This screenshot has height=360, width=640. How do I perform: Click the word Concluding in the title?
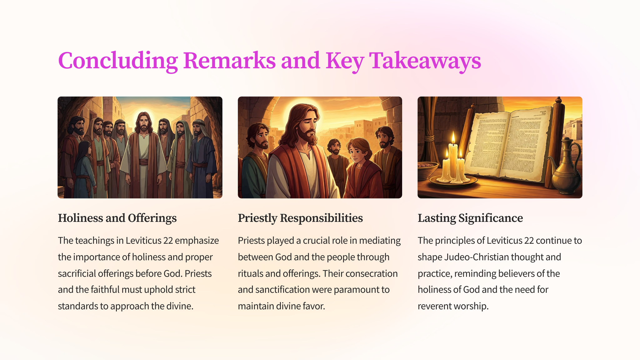tap(118, 61)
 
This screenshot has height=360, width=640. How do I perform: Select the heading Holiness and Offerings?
tap(117, 218)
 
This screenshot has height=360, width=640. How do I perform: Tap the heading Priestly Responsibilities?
tap(300, 218)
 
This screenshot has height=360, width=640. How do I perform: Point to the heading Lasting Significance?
tap(470, 218)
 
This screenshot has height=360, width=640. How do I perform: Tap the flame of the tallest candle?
tap(453, 138)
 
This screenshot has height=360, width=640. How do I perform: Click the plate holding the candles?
tap(453, 181)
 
